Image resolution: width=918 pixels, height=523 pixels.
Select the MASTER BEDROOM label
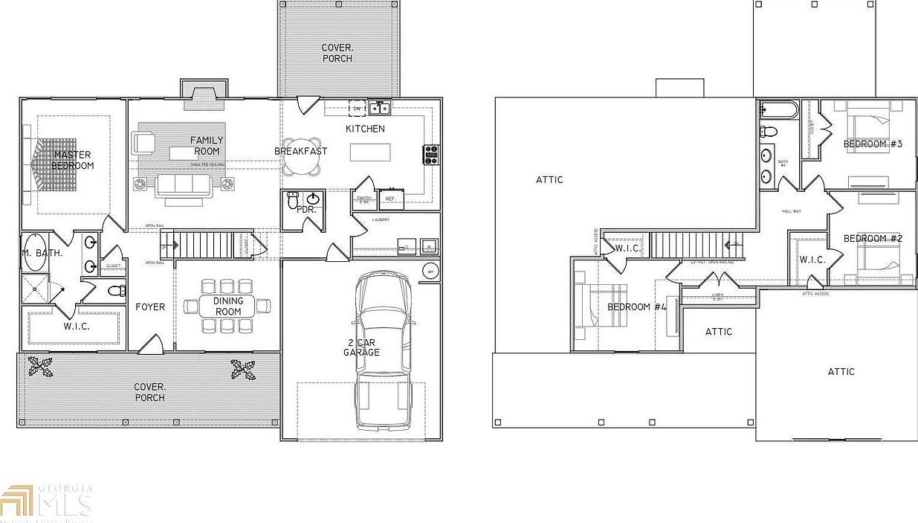point(73,160)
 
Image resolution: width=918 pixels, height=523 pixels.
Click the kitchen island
point(369,152)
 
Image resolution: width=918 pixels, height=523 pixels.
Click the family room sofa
point(182,185)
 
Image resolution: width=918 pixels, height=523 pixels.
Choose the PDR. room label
point(307,210)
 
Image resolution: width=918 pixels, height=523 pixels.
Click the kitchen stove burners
point(431,154)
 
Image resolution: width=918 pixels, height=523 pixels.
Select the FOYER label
point(150,307)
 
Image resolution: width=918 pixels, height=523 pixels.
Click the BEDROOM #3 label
point(873,143)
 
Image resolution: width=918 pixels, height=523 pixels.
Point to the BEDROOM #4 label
point(637,307)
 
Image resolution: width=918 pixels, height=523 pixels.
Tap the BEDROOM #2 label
point(873,238)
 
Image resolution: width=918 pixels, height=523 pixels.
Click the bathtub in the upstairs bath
point(778,111)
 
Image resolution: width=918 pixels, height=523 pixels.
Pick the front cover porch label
point(149,392)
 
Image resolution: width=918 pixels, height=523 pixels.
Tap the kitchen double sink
point(381,109)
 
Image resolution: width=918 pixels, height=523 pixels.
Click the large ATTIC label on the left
point(549,179)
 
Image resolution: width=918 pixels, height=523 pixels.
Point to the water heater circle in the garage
point(430,271)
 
